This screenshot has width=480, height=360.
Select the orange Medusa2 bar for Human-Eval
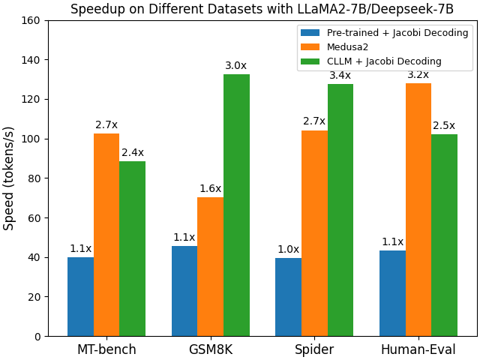(x=418, y=209)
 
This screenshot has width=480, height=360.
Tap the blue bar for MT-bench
(x=80, y=296)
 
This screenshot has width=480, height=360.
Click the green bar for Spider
(x=340, y=210)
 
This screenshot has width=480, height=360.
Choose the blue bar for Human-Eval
(x=392, y=293)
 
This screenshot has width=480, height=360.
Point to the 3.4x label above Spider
(x=340, y=75)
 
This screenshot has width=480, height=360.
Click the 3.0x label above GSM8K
(x=235, y=66)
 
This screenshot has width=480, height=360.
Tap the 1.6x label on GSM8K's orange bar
(x=210, y=189)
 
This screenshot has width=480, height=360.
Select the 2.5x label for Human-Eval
(x=444, y=125)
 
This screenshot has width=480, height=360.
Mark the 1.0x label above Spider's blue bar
(x=288, y=250)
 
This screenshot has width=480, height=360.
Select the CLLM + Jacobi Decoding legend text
(x=384, y=61)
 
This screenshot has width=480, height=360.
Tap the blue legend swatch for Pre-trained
(x=310, y=33)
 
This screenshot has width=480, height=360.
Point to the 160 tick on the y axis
(x=31, y=20)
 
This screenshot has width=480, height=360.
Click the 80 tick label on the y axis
(x=34, y=178)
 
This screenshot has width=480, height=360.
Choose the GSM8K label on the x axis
(x=210, y=349)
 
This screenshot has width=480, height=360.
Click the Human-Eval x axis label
(x=418, y=349)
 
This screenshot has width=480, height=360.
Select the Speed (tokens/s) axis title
(x=9, y=178)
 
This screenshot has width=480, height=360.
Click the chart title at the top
(x=262, y=9)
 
